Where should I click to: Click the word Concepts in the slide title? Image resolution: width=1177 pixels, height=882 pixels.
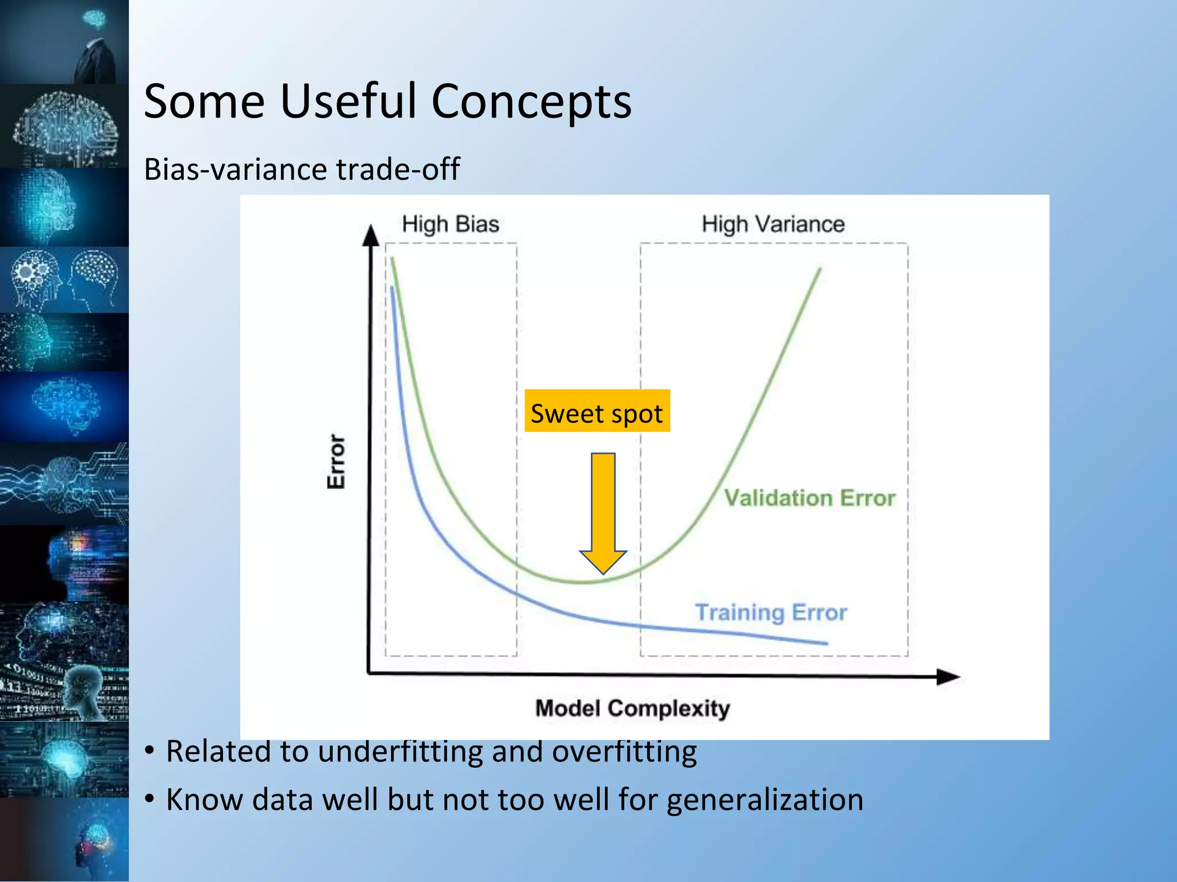[x=531, y=102]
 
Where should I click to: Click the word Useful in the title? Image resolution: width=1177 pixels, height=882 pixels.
[x=348, y=102]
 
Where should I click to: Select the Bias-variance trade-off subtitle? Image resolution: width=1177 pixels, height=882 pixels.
[x=302, y=169]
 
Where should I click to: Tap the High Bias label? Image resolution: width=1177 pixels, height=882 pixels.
[x=451, y=224]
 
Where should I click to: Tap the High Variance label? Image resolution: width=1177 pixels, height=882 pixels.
[x=773, y=224]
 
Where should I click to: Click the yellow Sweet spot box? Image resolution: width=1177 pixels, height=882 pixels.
[x=597, y=411]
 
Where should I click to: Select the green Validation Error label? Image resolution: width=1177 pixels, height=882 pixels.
[x=809, y=498]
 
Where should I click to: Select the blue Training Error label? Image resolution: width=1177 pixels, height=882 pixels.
[x=771, y=613]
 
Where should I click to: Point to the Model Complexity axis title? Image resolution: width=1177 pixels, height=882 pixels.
[x=632, y=709]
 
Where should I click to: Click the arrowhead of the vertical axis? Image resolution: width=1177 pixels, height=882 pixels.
[x=371, y=235]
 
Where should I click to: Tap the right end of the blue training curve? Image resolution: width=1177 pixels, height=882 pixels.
[x=826, y=643]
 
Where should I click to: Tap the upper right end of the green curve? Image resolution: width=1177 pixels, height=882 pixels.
[x=819, y=269]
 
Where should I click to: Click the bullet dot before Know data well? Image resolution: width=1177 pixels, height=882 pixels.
[x=150, y=799]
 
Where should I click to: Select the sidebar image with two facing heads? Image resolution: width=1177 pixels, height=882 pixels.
[x=64, y=280]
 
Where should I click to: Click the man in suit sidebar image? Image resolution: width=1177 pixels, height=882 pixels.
[x=64, y=41]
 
